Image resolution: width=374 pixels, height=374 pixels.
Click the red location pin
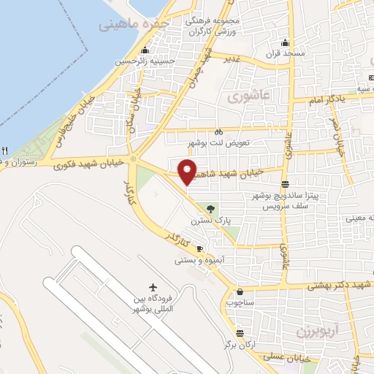click(x=188, y=171)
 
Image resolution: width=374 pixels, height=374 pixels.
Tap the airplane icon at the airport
click(x=153, y=286)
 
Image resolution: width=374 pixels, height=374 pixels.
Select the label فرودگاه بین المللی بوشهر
click(x=150, y=305)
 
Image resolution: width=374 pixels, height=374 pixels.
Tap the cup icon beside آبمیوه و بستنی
click(x=199, y=249)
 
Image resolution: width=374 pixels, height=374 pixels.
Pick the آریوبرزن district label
click(x=318, y=331)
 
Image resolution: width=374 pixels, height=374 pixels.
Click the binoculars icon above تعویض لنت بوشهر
click(x=219, y=131)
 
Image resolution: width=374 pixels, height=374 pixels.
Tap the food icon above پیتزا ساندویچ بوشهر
click(x=284, y=184)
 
